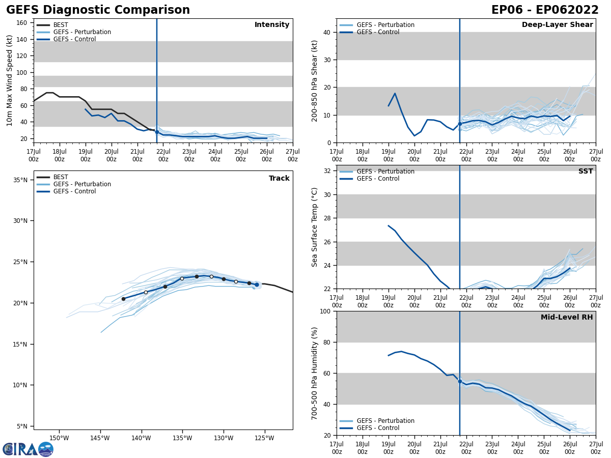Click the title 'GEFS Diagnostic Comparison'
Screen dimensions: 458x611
98,10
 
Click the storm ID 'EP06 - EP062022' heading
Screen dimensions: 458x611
545,10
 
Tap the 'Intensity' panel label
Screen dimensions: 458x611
272,25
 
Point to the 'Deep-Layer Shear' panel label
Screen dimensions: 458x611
557,25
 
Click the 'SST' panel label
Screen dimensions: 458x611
586,171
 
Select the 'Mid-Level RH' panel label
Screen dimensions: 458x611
567,318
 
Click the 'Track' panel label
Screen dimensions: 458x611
279,179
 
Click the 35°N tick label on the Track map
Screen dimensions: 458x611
20,180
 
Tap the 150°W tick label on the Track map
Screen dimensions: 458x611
59,438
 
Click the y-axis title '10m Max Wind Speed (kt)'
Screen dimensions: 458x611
10,80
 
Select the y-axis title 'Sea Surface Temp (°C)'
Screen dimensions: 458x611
315,227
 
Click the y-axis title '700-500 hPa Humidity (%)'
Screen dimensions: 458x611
315,373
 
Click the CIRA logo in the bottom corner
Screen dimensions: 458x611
28,449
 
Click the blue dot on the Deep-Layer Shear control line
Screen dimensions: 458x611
460,124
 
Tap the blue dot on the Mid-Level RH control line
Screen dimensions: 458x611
460,381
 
